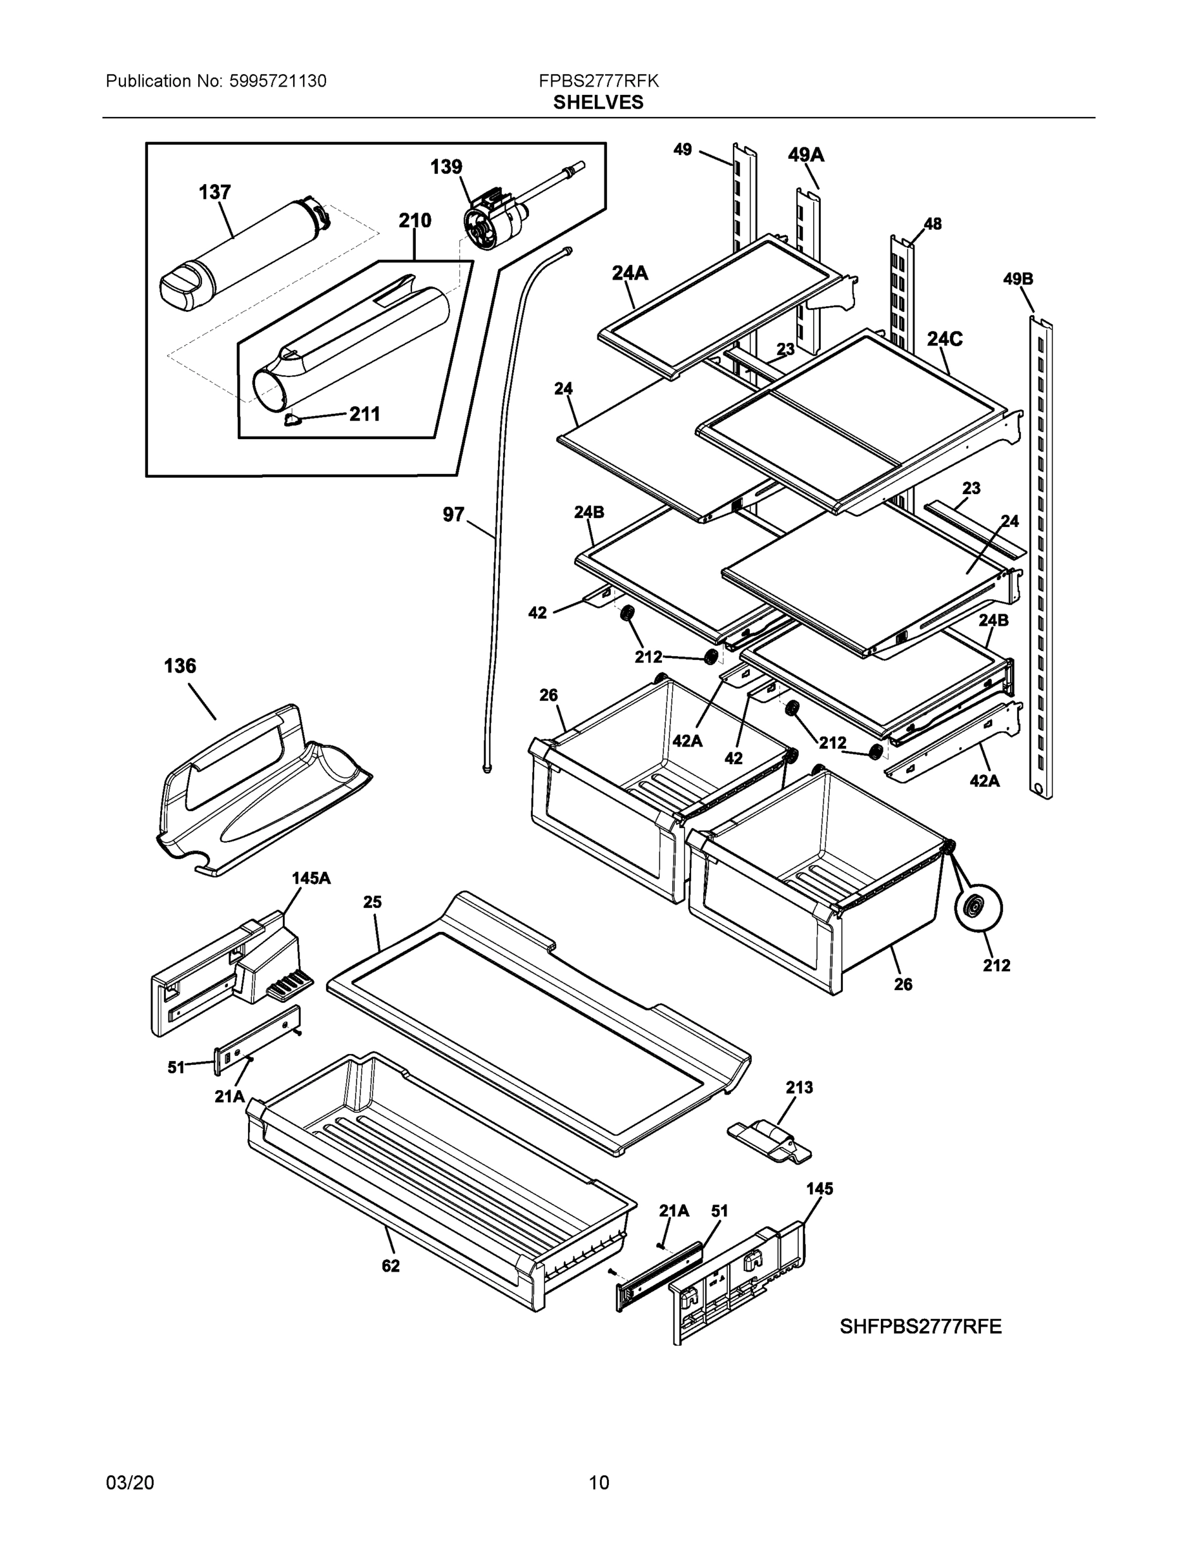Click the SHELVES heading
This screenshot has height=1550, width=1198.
598,102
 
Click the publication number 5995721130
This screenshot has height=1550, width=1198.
278,81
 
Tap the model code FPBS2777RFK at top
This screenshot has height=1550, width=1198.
598,81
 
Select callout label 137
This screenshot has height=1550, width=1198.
214,192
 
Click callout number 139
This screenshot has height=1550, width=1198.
446,167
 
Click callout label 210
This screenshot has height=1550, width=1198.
415,221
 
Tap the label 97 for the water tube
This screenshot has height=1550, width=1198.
453,515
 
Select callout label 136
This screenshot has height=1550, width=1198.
180,666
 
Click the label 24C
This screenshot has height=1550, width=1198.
945,339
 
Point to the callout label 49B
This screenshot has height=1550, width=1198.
1018,279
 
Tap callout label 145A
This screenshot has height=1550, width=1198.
311,878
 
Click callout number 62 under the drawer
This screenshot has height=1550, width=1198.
390,1266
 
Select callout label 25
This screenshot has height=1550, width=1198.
373,902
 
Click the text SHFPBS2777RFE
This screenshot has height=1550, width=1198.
920,1327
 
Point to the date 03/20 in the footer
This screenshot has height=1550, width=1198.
129,1483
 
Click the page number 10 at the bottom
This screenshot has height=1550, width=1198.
598,1483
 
